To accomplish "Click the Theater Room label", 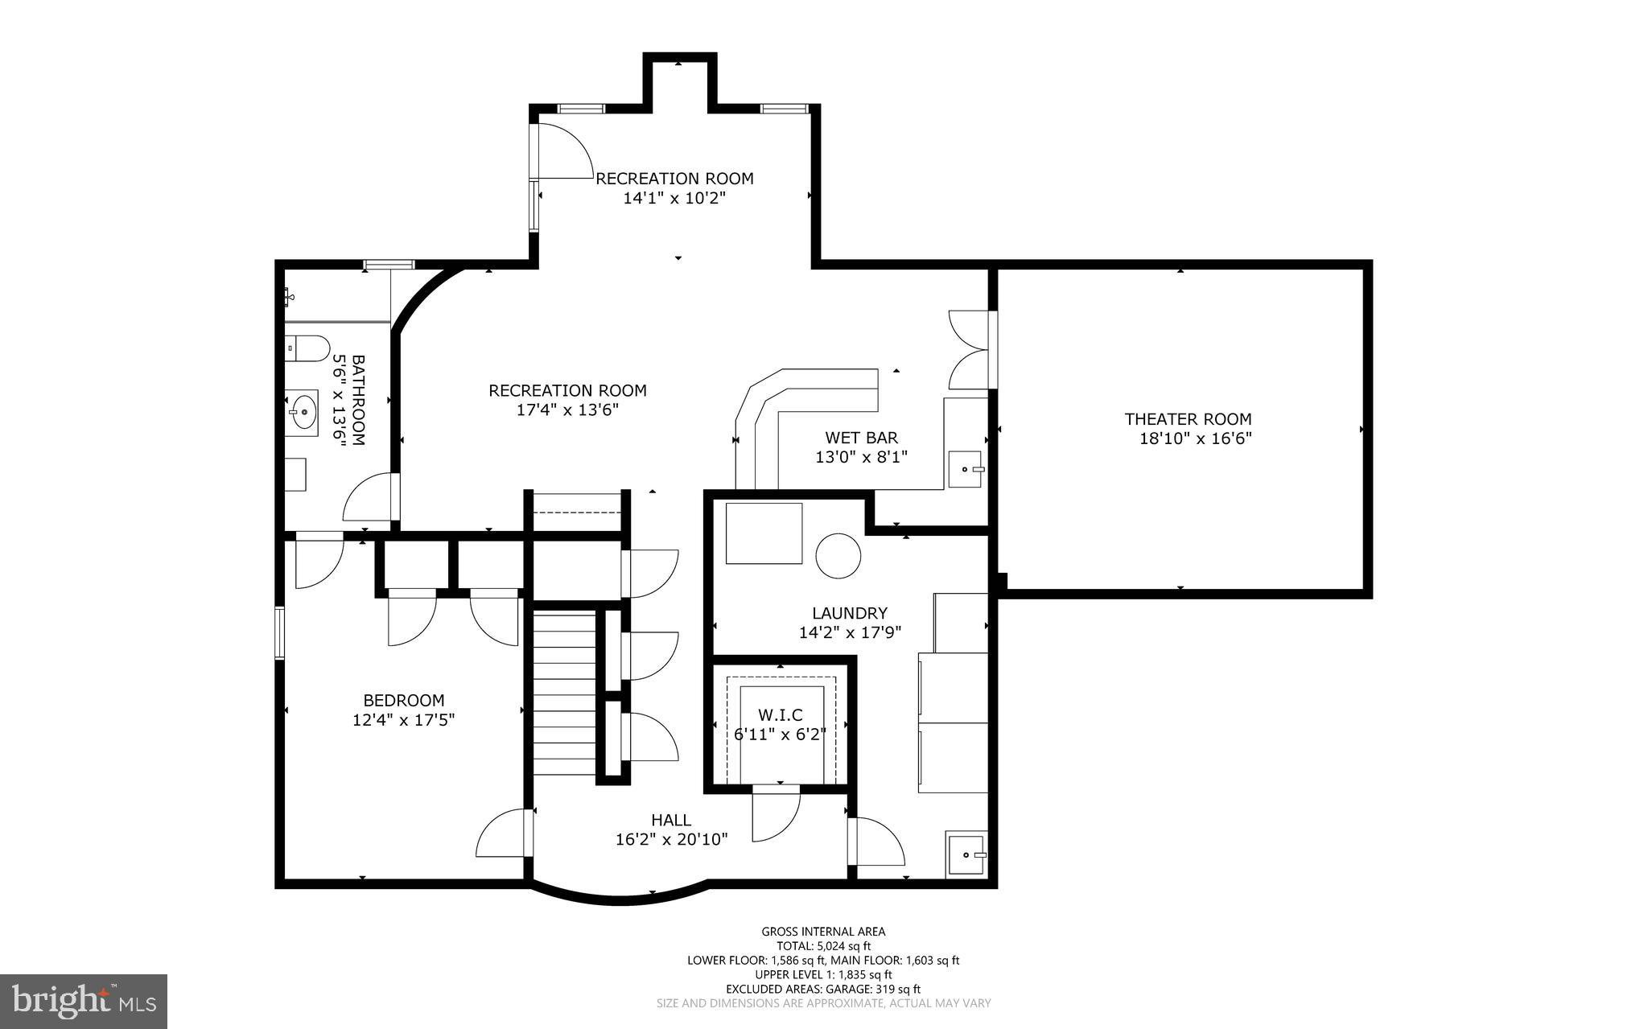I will [1188, 419].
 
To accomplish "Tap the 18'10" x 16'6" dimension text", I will [1196, 439].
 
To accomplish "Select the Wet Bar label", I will [861, 438].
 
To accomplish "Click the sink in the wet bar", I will [966, 469].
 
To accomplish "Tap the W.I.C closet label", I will [780, 715].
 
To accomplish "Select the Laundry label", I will [849, 613].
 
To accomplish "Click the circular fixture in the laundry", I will [838, 555].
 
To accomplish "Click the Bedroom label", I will [403, 701].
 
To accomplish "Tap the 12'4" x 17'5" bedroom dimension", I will [403, 720].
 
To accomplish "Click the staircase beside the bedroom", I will [565, 693].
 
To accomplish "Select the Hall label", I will [670, 821].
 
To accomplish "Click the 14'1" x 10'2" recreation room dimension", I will [674, 198].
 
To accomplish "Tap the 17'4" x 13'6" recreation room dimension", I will [567, 410].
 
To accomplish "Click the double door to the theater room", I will [970, 350].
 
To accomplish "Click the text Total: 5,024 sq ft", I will [823, 946].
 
